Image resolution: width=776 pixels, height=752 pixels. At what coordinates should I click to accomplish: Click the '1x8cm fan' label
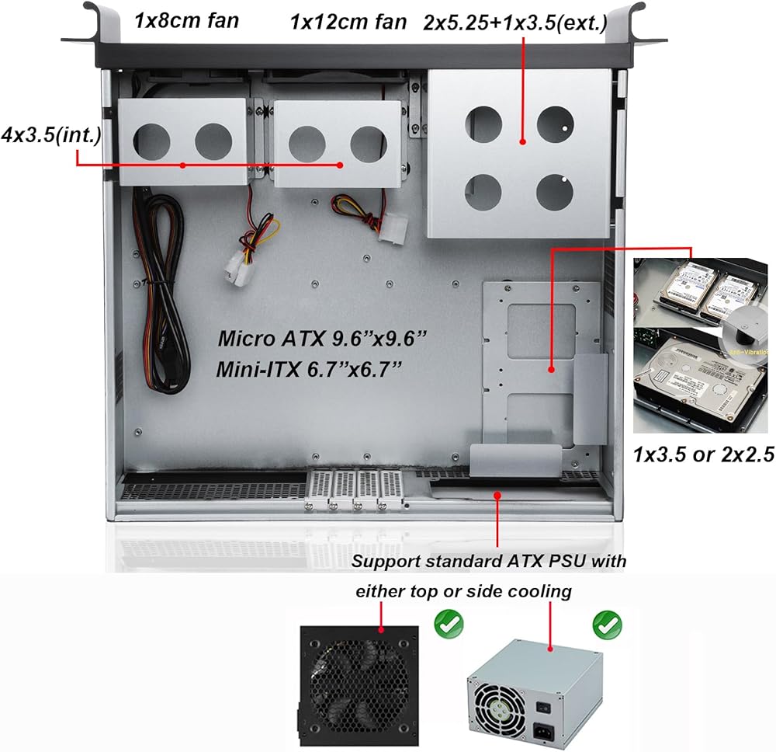click(186, 21)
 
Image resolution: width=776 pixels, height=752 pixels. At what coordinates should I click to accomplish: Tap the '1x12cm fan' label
click(348, 23)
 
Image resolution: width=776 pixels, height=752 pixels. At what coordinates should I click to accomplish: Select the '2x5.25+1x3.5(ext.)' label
click(515, 23)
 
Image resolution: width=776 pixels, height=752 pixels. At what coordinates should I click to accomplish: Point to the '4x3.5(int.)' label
click(51, 134)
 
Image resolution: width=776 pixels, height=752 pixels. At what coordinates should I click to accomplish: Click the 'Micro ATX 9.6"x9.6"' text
click(322, 339)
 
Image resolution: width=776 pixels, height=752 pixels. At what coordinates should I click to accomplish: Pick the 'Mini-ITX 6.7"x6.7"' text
click(309, 370)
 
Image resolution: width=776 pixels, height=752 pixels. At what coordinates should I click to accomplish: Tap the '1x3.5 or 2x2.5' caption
click(704, 454)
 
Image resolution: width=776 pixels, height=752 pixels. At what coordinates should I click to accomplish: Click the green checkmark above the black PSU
click(449, 624)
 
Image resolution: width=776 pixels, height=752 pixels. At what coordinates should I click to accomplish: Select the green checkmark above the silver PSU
click(608, 625)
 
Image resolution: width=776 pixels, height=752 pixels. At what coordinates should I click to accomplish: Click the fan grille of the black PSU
click(360, 686)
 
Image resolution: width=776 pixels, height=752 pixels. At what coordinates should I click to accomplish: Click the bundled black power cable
click(158, 292)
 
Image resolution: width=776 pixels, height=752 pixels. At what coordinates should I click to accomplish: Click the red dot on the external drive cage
click(522, 141)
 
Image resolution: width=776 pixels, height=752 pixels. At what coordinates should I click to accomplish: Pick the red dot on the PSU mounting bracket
click(551, 369)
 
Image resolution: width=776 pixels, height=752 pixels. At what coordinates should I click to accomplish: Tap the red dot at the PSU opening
click(498, 494)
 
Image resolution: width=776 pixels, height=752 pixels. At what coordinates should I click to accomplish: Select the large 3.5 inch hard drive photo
click(701, 381)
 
